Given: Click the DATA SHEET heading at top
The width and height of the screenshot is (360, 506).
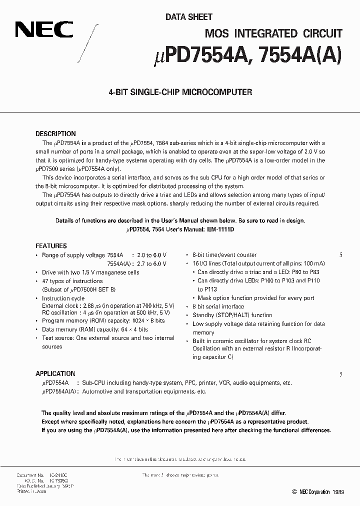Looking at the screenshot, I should [x=189, y=17].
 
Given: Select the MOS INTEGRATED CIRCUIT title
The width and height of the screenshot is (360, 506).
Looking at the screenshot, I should [x=273, y=33].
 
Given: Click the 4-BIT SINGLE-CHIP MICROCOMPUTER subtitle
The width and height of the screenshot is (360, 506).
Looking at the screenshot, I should [x=180, y=92].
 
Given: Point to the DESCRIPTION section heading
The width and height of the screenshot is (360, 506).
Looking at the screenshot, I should [x=55, y=134].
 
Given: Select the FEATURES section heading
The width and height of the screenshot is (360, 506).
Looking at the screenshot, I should [x=51, y=246].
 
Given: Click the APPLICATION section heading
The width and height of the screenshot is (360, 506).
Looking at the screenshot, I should [x=55, y=373].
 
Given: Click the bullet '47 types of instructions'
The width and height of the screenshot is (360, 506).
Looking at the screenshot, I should [x=72, y=281].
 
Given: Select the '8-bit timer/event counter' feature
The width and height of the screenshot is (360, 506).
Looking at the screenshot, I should [x=224, y=255].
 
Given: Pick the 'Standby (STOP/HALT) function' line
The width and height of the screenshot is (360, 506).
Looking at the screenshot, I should [x=232, y=315].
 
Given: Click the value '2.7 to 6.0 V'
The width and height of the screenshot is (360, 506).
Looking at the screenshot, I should [x=151, y=263].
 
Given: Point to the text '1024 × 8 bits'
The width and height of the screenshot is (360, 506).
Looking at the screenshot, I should [x=148, y=320].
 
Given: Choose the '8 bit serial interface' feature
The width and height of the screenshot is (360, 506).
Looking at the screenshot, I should [x=218, y=306].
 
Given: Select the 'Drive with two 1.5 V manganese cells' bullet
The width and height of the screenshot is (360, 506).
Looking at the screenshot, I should [x=90, y=272].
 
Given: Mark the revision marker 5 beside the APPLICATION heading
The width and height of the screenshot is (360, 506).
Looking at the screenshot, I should [x=341, y=374].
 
